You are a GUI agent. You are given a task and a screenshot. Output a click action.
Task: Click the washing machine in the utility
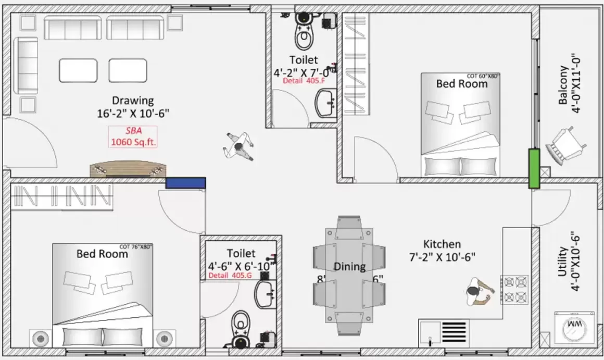pos(571,327)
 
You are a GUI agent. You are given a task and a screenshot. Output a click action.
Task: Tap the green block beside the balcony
pos(534,168)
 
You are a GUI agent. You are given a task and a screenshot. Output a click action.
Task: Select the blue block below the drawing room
pos(185,183)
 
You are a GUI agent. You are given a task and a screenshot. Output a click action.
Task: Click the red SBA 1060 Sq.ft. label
pos(133,136)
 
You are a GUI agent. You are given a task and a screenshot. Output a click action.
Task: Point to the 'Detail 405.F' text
pos(304,81)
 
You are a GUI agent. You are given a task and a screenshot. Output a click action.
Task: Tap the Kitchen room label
pos(442,244)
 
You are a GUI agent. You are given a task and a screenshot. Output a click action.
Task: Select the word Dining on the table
pos(349,267)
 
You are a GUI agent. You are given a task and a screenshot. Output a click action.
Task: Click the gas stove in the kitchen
pos(514,290)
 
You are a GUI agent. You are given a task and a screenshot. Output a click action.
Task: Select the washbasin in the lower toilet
pos(266,294)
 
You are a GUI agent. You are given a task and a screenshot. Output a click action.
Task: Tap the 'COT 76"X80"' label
pos(136,246)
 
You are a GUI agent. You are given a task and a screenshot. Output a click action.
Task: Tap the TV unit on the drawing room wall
pos(128,170)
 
